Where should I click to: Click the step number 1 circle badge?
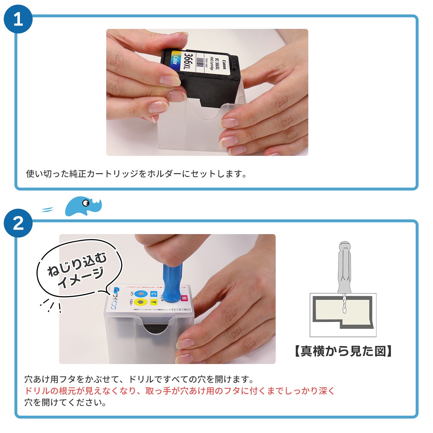tap(18, 19)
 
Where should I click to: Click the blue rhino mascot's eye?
tap(86, 203)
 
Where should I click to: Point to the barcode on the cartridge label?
tap(200, 62)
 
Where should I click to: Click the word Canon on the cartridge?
tap(225, 64)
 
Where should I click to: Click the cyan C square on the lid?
tap(154, 294)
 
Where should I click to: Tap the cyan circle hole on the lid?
tap(141, 294)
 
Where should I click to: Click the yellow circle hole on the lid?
tap(141, 302)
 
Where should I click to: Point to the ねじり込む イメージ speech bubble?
tap(78, 268)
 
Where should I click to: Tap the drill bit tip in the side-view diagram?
tap(344, 312)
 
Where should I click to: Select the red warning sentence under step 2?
tap(179, 391)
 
